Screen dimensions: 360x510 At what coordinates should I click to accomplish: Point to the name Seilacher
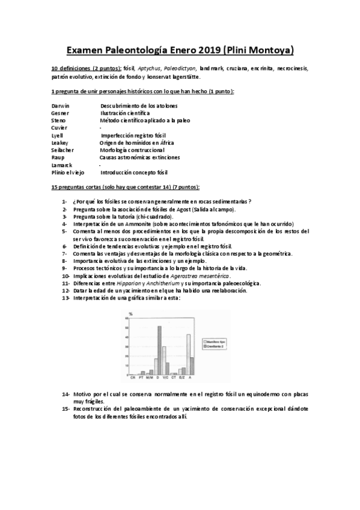(63, 149)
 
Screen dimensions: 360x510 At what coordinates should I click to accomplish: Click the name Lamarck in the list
(62, 164)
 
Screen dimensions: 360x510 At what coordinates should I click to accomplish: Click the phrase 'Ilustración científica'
(125, 112)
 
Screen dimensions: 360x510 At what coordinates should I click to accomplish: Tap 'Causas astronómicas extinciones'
(139, 157)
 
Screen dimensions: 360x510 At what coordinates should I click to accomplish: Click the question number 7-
(64, 253)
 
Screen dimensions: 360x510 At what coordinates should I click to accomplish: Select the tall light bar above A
(188, 354)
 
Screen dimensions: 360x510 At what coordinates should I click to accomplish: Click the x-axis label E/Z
(182, 378)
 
